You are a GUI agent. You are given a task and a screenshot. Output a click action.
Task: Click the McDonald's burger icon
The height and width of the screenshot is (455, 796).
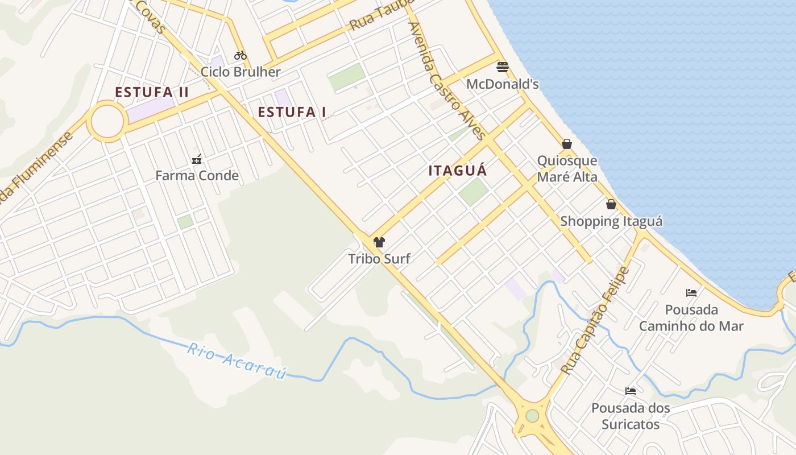[x=502, y=67]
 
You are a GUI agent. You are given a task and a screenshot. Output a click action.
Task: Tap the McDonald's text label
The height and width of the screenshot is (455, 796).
[x=502, y=84]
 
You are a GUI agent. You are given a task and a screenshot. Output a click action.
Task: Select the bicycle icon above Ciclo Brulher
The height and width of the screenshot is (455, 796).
[x=241, y=55]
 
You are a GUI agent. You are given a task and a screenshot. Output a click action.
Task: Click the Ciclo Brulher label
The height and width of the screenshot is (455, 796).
[x=241, y=72]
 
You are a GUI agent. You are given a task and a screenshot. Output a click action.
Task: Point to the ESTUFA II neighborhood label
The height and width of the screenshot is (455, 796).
[x=152, y=92]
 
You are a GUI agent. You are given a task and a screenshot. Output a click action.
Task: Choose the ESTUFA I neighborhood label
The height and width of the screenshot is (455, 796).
[x=292, y=112]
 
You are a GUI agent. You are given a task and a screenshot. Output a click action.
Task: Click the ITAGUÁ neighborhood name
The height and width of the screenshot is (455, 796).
[x=458, y=170]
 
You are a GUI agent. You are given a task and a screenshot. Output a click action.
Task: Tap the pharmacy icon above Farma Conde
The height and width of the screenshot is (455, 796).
[x=197, y=159]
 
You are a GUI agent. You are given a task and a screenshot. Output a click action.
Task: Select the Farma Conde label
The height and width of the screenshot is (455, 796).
[x=197, y=175]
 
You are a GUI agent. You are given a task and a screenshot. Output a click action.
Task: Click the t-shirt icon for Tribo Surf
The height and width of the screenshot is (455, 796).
[x=379, y=242]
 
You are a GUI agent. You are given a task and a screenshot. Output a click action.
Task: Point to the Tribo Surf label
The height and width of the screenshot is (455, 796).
[x=379, y=259]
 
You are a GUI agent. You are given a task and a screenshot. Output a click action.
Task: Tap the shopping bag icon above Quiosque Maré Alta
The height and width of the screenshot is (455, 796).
[x=567, y=144]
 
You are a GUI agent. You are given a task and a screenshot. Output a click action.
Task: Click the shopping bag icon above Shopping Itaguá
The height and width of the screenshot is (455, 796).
[x=611, y=204]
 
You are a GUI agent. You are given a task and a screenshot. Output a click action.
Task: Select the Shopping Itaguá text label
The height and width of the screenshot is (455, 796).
[x=611, y=221]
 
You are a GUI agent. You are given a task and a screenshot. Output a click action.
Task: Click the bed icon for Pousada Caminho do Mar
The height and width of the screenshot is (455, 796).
[x=691, y=293]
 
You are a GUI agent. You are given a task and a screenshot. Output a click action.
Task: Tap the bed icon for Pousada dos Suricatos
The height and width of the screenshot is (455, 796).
[x=631, y=391]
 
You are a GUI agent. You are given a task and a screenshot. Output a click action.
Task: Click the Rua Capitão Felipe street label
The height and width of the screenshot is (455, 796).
[x=595, y=320]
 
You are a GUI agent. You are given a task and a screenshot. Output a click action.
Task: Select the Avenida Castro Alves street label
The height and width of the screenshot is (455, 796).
[x=447, y=80]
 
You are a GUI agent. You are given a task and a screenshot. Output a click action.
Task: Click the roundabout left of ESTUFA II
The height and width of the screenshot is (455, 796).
[x=107, y=121]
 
